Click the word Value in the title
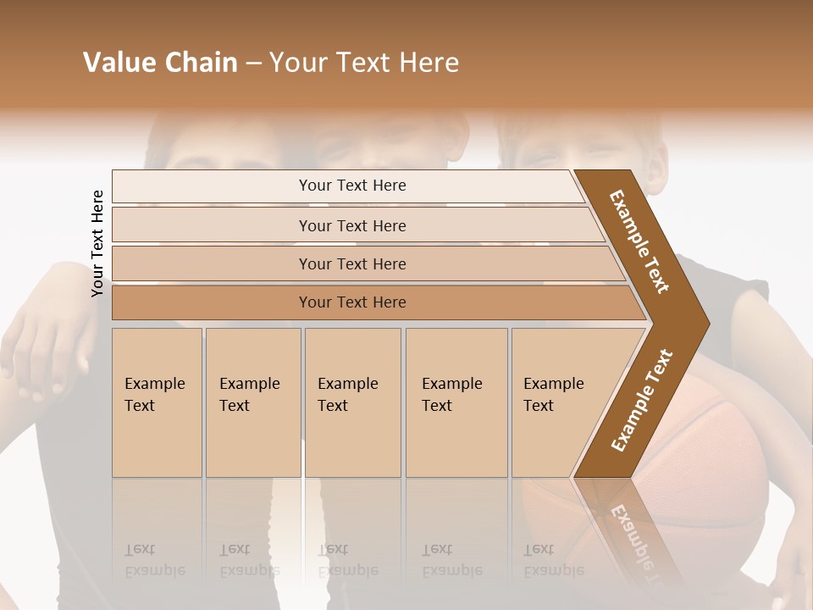coord(118,63)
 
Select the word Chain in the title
coord(199,63)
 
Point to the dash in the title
coord(253,64)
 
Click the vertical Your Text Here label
coord(97,243)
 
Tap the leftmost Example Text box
coord(157,402)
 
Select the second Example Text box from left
coord(252,402)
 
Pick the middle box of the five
coord(352,402)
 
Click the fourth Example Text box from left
coord(456,402)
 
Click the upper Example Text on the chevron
coord(639,241)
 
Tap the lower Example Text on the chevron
coord(642,400)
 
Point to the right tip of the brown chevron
coord(707,323)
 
